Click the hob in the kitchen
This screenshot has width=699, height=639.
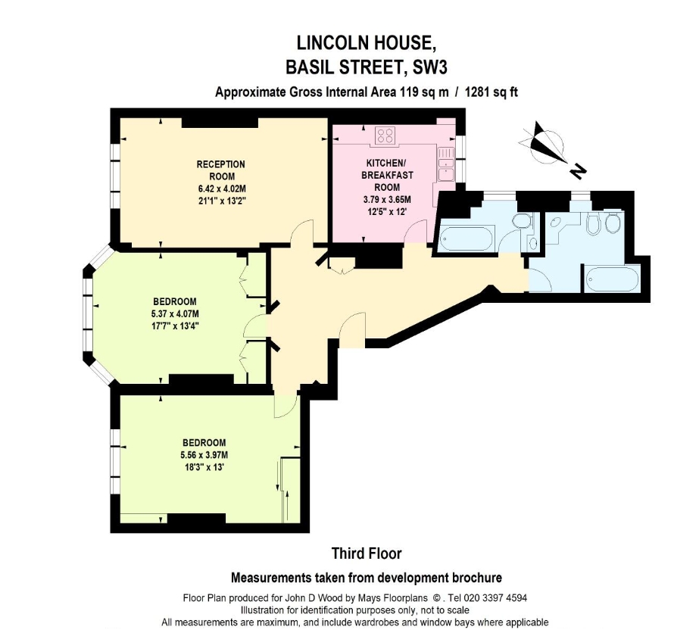click(x=385, y=136)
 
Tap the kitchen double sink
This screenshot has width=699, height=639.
click(x=446, y=164)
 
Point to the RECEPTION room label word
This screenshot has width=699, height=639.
click(x=221, y=164)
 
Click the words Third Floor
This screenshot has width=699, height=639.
click(x=367, y=553)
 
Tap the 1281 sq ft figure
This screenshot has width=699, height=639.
click(x=491, y=92)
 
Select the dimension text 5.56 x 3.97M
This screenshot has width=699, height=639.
click(x=204, y=455)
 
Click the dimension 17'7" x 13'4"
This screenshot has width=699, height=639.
click(x=175, y=326)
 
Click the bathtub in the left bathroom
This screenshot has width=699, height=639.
click(x=467, y=238)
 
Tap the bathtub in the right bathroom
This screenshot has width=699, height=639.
click(x=613, y=280)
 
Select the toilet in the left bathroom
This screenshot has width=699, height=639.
click(x=522, y=221)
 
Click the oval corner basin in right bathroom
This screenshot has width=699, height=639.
click(x=556, y=223)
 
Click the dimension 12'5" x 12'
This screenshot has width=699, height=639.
click(x=386, y=212)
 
